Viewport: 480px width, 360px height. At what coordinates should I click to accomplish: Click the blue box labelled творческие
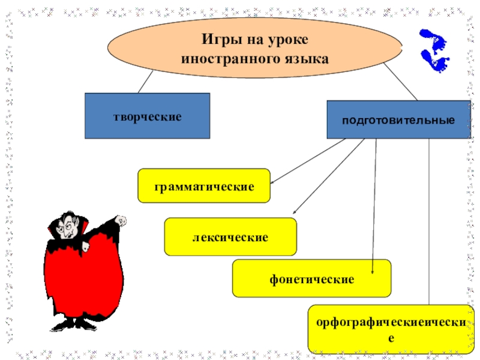[147, 116]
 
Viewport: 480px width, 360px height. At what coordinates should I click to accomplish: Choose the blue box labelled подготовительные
[398, 120]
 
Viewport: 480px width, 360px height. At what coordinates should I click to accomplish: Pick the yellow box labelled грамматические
[204, 186]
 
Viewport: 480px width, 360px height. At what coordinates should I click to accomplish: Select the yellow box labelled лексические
[230, 237]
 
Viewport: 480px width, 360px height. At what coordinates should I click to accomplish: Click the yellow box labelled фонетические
[311, 278]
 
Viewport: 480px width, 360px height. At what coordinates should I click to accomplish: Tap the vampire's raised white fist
[121, 221]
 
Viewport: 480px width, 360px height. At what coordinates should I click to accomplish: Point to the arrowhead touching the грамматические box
[272, 181]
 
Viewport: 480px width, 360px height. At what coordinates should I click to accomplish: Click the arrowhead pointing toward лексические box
[295, 213]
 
